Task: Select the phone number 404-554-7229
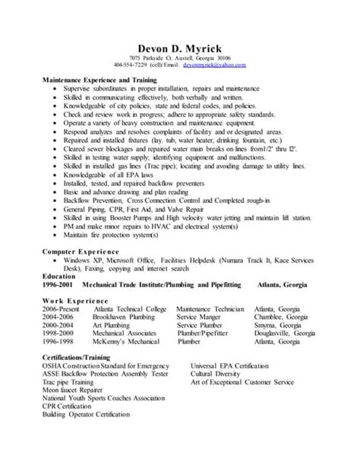pos(131,65)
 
